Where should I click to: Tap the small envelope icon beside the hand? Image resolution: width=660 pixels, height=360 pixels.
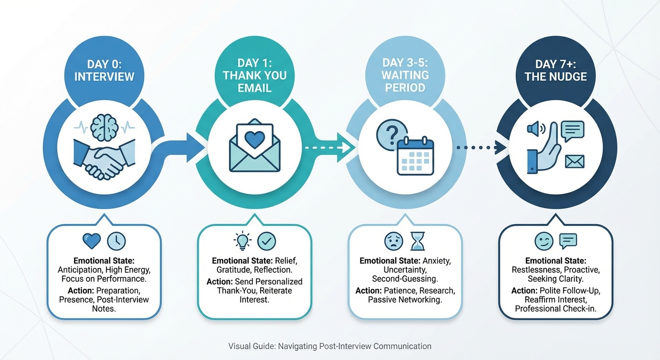point(575,162)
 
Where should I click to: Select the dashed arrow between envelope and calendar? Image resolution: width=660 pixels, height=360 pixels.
point(328,148)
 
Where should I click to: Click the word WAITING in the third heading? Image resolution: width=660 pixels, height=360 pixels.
point(405,75)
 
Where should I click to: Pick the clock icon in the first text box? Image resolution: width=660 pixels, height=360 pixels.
point(116,241)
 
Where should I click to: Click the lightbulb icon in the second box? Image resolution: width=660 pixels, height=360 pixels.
point(242,241)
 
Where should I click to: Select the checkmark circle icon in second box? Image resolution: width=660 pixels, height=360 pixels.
point(267,241)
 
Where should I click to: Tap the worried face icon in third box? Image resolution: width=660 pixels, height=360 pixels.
point(393,241)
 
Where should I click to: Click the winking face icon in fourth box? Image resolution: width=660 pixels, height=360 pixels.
point(544,241)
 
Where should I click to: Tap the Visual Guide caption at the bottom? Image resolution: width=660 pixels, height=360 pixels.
point(330,346)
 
